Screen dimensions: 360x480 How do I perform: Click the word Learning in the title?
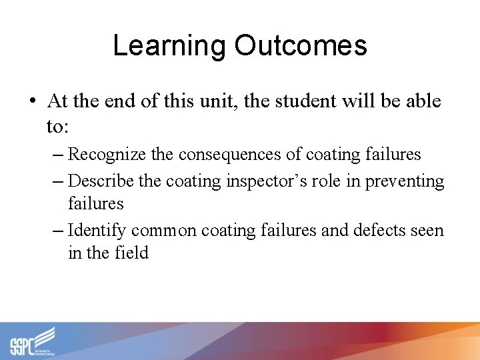[x=169, y=46]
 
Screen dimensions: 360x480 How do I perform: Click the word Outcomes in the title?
[x=301, y=46]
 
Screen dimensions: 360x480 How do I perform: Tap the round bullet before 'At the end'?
[x=32, y=102]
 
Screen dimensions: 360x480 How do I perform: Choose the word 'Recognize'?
[x=107, y=155]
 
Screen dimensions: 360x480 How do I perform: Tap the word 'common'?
[x=164, y=230]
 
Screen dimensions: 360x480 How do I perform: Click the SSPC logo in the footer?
[x=32, y=341]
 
